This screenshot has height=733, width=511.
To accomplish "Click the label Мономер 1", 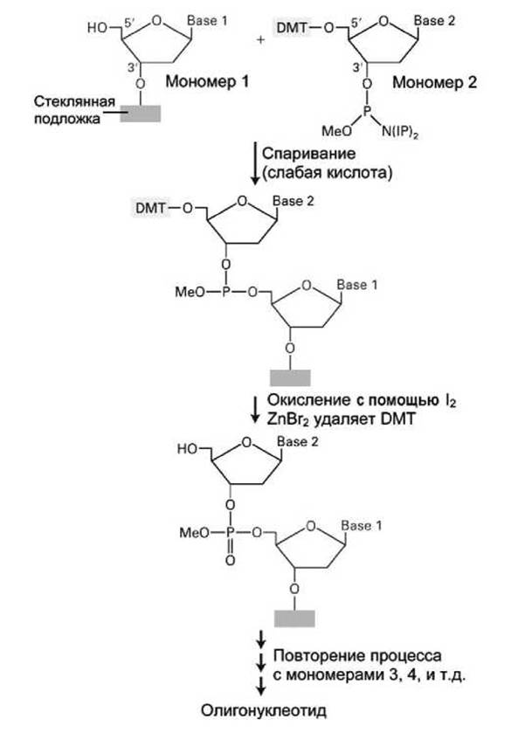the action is (207, 82).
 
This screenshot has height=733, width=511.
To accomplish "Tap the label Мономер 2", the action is (434, 82).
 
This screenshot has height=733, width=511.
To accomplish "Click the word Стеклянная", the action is (74, 102).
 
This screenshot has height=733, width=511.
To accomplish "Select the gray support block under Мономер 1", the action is (141, 114).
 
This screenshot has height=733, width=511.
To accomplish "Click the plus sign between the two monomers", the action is (260, 40).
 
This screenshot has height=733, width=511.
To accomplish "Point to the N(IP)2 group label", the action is (400, 132).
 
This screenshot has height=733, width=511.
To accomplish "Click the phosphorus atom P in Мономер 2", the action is (368, 111).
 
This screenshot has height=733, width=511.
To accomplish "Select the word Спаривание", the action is (308, 154).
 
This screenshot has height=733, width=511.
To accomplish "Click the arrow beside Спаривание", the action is (255, 163).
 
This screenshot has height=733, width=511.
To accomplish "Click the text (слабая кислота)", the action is (327, 173).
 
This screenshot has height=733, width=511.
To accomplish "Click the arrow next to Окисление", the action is (255, 410).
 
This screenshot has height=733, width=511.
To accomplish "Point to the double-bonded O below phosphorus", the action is (230, 560).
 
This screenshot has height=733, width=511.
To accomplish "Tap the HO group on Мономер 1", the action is (97, 28).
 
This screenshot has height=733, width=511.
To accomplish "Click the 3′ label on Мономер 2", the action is (357, 68).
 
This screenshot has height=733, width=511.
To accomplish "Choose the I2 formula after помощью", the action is (451, 401).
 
